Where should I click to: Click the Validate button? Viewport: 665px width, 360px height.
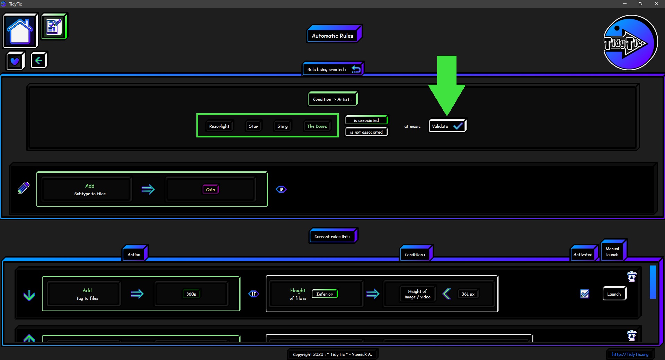pyautogui.click(x=447, y=126)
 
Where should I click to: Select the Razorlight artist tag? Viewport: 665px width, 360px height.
pyautogui.click(x=219, y=126)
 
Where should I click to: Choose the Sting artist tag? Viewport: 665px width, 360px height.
pyautogui.click(x=283, y=126)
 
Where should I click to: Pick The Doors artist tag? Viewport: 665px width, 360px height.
pyautogui.click(x=317, y=126)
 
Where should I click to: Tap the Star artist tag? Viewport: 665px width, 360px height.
pyautogui.click(x=254, y=126)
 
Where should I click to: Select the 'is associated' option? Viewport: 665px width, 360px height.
pyautogui.click(x=366, y=120)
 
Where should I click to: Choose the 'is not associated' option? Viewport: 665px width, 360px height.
pyautogui.click(x=366, y=132)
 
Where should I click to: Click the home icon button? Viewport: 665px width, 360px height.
pyautogui.click(x=20, y=31)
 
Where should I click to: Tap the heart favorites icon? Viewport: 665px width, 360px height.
pyautogui.click(x=15, y=61)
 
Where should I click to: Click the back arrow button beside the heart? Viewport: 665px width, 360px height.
pyautogui.click(x=39, y=61)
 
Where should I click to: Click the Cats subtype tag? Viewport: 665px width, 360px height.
pyautogui.click(x=211, y=189)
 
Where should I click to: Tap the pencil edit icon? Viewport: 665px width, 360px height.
pyautogui.click(x=24, y=188)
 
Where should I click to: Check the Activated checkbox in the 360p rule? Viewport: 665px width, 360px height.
pyautogui.click(x=585, y=294)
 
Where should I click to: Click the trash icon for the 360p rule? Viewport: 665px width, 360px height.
pyautogui.click(x=632, y=277)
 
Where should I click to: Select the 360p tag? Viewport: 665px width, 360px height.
pyautogui.click(x=191, y=294)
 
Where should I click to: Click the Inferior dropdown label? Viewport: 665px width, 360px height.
pyautogui.click(x=325, y=294)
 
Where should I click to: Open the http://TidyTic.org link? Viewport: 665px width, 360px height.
pyautogui.click(x=630, y=354)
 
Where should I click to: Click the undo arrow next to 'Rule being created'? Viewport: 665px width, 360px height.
pyautogui.click(x=356, y=69)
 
